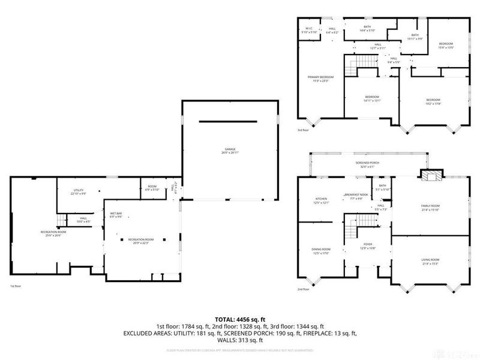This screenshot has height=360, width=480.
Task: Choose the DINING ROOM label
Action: pyautogui.click(x=321, y=250)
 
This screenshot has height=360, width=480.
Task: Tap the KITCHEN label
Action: pyautogui.click(x=321, y=200)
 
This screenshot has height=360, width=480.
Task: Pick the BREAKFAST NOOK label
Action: pyautogui.click(x=356, y=195)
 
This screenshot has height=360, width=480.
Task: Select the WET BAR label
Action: pyautogui.click(x=116, y=214)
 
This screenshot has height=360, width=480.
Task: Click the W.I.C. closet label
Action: pyautogui.click(x=308, y=29)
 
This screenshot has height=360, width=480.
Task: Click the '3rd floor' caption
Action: pyautogui.click(x=302, y=130)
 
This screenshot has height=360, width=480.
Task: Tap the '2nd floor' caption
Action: pyautogui.click(x=303, y=289)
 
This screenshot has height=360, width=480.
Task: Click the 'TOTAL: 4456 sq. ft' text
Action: pyautogui.click(x=240, y=319)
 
